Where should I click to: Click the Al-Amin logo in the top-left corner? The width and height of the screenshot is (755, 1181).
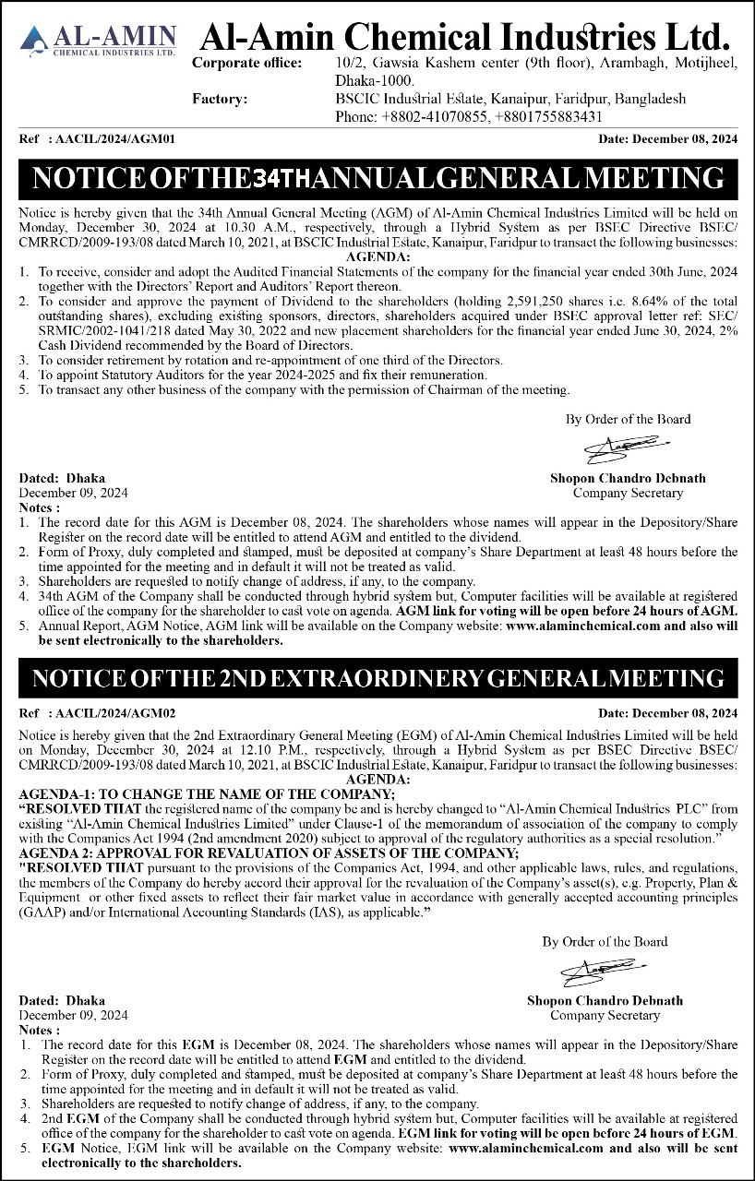point(97,42)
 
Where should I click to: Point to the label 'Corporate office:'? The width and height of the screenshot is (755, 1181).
point(246,63)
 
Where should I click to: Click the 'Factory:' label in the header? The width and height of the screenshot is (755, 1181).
point(219,98)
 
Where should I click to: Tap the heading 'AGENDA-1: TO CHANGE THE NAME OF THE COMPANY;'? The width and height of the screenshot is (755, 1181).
point(207,794)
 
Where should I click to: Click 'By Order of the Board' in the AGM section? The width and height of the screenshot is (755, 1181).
point(628,419)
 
